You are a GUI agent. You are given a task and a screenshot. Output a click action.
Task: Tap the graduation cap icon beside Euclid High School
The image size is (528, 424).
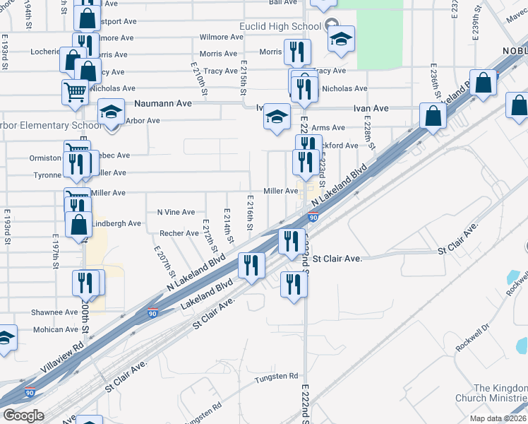click(342, 40)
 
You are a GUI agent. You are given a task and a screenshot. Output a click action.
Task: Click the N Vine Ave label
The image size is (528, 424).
click(176, 212)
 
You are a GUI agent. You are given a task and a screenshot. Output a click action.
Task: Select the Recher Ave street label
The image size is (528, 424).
click(179, 233)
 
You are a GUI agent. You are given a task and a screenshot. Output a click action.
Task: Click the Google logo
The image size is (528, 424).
click(23, 416)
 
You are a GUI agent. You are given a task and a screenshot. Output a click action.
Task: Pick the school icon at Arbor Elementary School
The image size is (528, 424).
click(110, 113)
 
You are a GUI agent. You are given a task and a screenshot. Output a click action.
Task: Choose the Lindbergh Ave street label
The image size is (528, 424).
click(117, 223)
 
